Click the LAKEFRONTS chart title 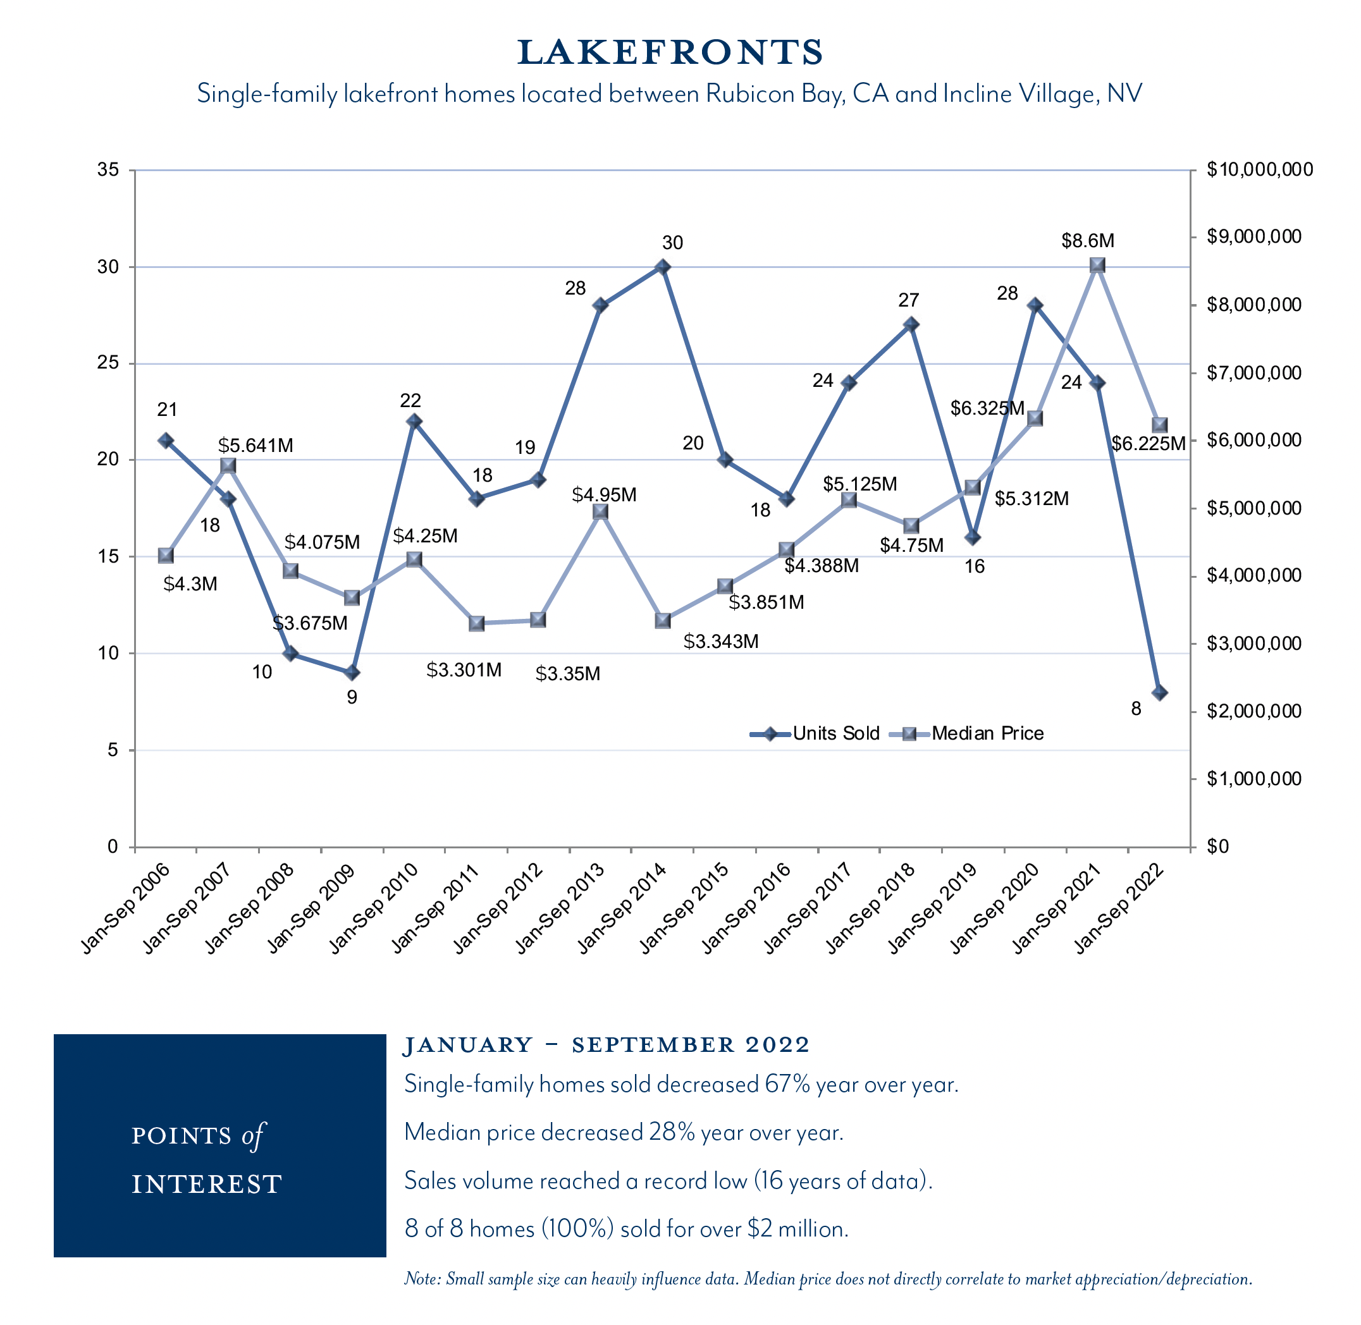click(x=670, y=52)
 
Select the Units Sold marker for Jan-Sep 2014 click(x=663, y=267)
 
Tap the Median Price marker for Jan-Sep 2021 click(x=1097, y=265)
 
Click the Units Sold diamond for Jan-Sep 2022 click(x=1159, y=692)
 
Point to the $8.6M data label click(x=1087, y=241)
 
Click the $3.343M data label click(x=720, y=642)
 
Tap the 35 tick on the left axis click(x=108, y=170)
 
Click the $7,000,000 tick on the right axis click(x=1253, y=373)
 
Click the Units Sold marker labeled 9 click(x=352, y=672)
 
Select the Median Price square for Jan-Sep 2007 click(x=228, y=465)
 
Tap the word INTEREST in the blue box click(x=207, y=1184)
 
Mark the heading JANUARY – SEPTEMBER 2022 click(x=607, y=1044)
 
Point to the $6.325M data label click(x=987, y=408)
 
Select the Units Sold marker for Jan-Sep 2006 click(x=166, y=441)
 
